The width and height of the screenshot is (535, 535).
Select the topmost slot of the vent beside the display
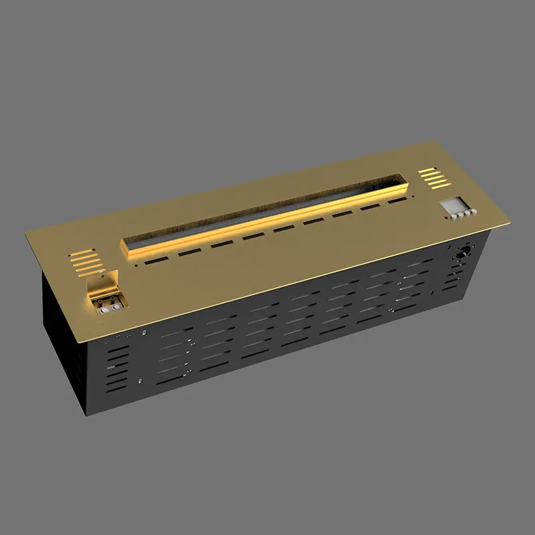(429, 171)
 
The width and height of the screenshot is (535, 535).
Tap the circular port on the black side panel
(462, 253)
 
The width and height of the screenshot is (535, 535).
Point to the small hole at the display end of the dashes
(412, 195)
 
